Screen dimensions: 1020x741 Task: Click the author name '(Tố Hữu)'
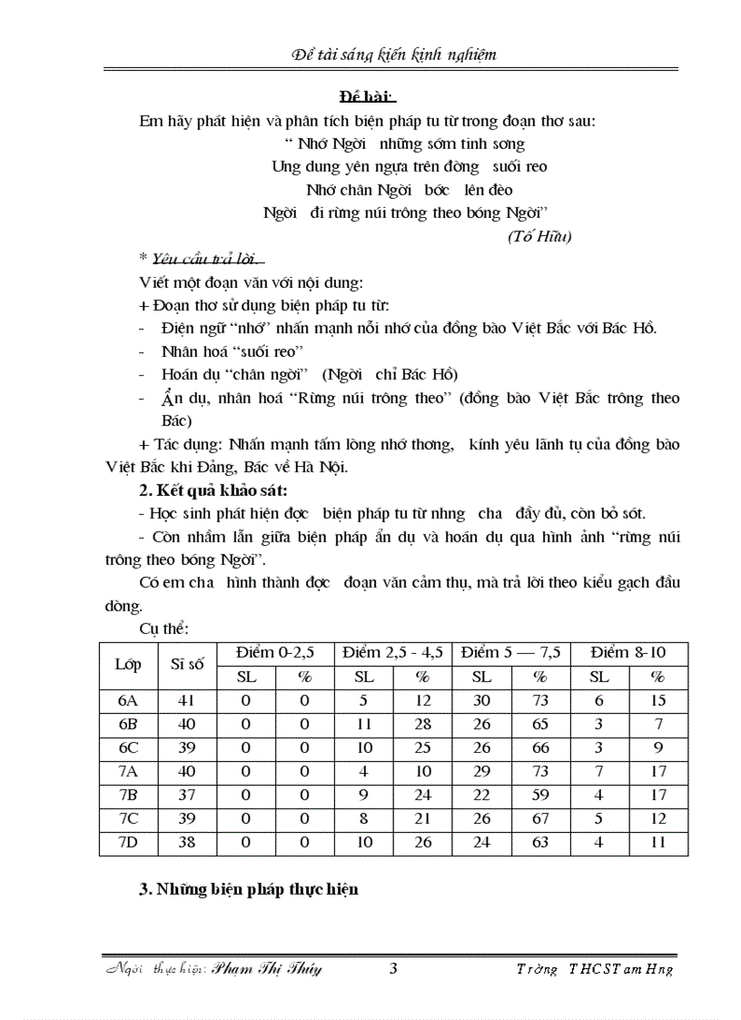click(538, 236)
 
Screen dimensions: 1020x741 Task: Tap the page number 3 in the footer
click(393, 967)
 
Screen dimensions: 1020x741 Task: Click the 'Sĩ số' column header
click(187, 665)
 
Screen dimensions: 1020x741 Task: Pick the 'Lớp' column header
click(128, 665)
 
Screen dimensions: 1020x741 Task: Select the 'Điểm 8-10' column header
click(627, 653)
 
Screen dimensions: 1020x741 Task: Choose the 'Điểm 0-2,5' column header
click(274, 653)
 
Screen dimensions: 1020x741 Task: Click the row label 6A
click(128, 700)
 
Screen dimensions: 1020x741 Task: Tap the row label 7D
click(128, 842)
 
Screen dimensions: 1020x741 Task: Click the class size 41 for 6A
click(187, 700)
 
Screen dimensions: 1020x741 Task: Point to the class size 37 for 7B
click(187, 795)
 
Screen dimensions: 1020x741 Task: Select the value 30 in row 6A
click(481, 700)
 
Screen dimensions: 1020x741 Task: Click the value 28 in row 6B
click(422, 724)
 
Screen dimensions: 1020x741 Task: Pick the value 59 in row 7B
click(540, 795)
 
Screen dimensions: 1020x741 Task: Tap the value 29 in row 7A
click(481, 771)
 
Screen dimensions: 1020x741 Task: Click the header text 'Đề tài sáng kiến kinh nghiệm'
click(393, 54)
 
